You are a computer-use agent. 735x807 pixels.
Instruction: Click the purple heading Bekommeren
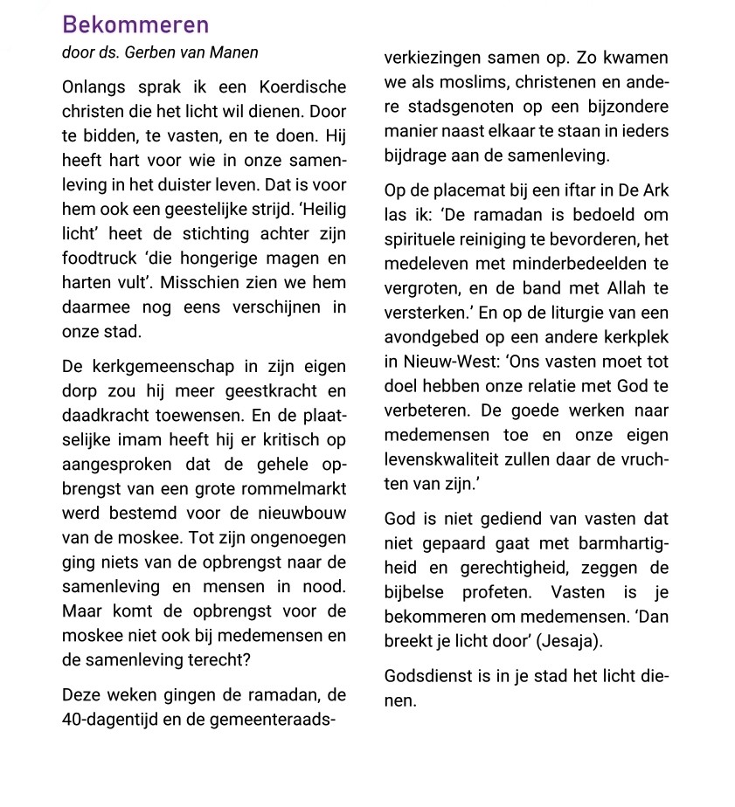point(135,24)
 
